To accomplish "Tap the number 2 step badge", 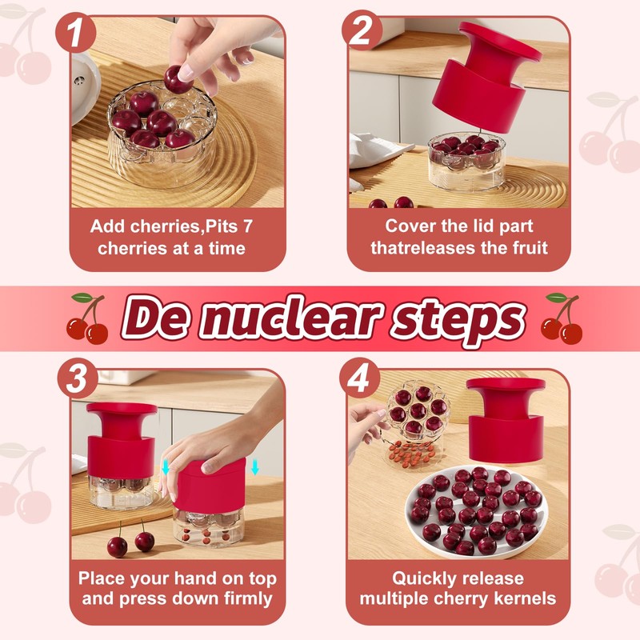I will coord(362,33).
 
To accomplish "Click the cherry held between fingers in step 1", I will coord(174,78).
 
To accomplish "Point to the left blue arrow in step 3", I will coord(166,466).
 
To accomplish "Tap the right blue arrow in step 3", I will coord(254,466).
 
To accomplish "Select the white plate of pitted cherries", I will coord(474,512).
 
